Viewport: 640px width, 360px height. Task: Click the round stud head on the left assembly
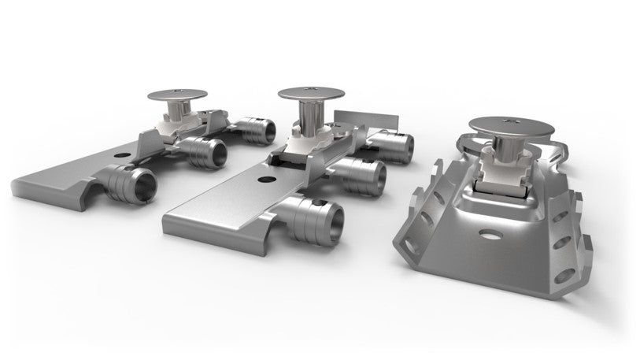[178, 95]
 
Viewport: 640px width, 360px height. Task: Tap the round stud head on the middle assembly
[309, 94]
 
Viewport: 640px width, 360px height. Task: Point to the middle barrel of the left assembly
[206, 151]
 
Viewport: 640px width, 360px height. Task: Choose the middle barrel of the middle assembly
[362, 176]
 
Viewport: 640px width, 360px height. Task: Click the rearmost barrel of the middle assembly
[394, 147]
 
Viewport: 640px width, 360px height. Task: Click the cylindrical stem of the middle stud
[308, 118]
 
